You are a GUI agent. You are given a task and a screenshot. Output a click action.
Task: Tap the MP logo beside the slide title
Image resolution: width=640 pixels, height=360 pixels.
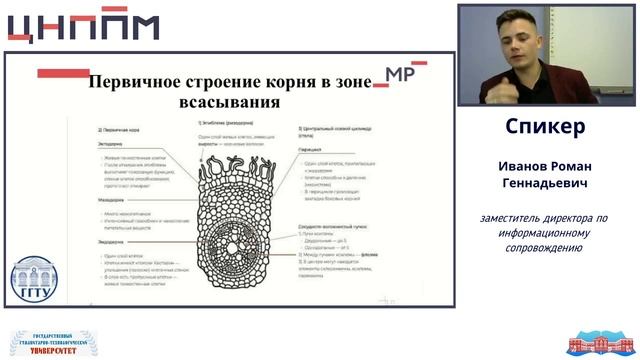(x=399, y=74)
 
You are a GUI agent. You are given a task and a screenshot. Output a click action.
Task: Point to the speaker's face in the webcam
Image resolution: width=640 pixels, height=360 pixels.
(x=520, y=44)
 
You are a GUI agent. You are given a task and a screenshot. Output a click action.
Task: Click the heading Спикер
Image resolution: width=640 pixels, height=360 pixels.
(x=544, y=128)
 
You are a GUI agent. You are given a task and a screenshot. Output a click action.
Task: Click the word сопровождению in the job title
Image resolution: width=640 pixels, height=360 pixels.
(x=544, y=247)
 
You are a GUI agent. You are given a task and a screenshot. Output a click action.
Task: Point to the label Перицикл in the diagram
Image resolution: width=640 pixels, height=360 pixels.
(x=312, y=146)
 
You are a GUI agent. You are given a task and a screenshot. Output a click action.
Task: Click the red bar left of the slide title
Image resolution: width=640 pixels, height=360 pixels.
(x=62, y=73)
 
